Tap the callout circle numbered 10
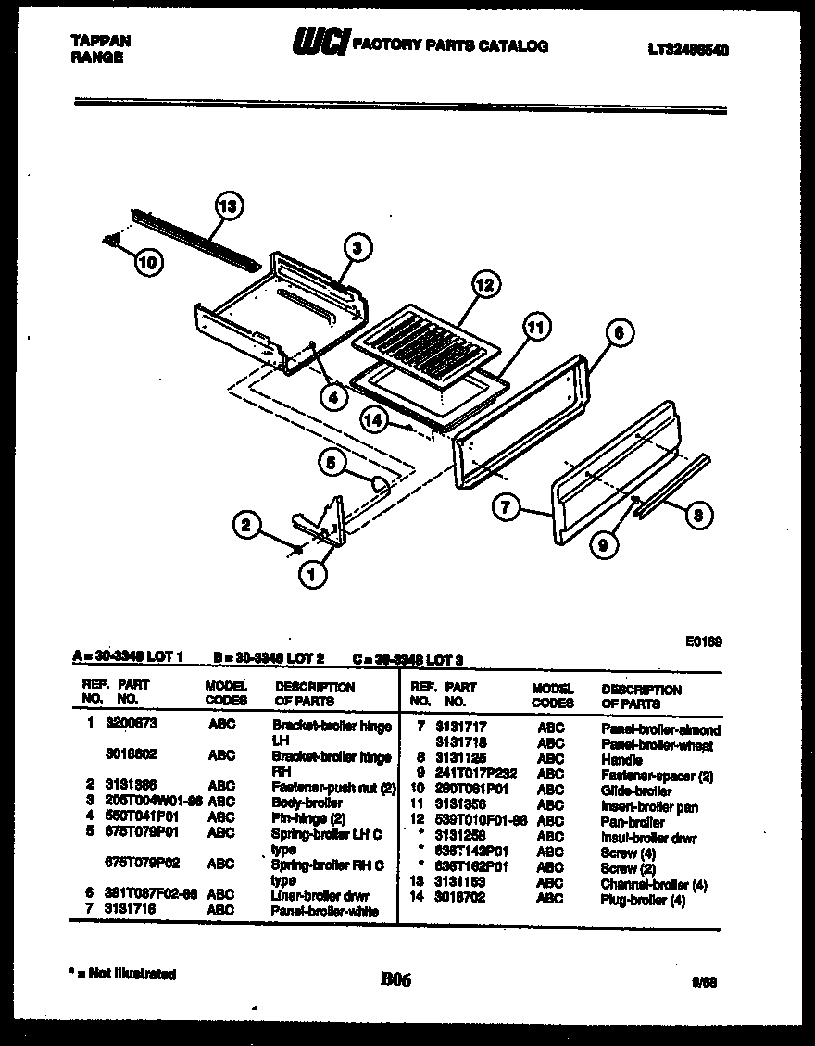pyautogui.click(x=146, y=263)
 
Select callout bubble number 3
pyautogui.click(x=357, y=247)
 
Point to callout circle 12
pyautogui.click(x=483, y=284)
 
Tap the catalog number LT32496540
pyautogui.click(x=687, y=50)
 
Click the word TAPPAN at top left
pyautogui.click(x=100, y=41)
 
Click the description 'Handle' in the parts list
pyautogui.click(x=621, y=759)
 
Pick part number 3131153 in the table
pyautogui.click(x=460, y=883)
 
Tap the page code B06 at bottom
pyautogui.click(x=395, y=979)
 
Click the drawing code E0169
pyautogui.click(x=706, y=640)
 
